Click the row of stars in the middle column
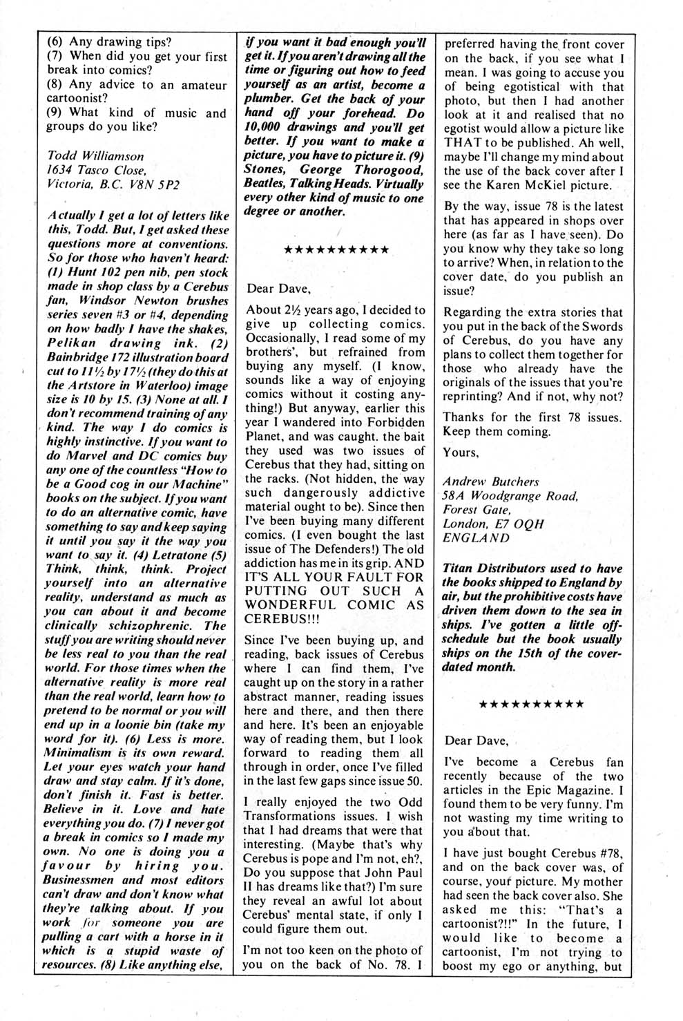(x=336, y=249)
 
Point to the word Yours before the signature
(x=461, y=452)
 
